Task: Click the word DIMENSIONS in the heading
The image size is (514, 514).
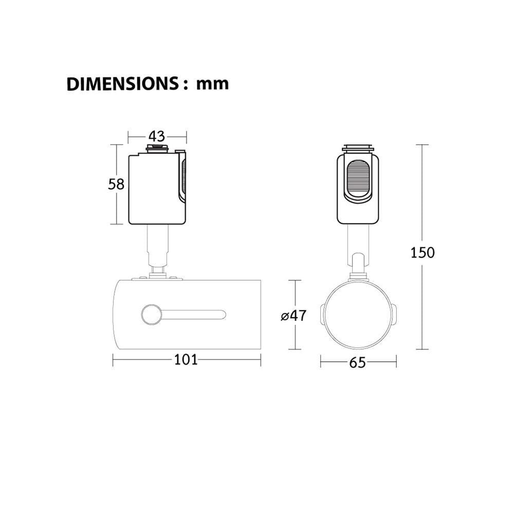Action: click(x=122, y=84)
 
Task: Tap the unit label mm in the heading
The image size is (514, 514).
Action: click(x=212, y=84)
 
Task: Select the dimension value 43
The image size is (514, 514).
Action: click(x=157, y=136)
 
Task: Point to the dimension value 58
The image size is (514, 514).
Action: click(x=116, y=184)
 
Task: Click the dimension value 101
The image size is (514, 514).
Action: click(x=186, y=360)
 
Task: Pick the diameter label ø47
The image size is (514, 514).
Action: click(x=293, y=316)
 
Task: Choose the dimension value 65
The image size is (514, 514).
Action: click(x=357, y=363)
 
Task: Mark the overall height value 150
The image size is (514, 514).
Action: click(x=423, y=253)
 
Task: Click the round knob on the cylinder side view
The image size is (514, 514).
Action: click(x=152, y=315)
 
